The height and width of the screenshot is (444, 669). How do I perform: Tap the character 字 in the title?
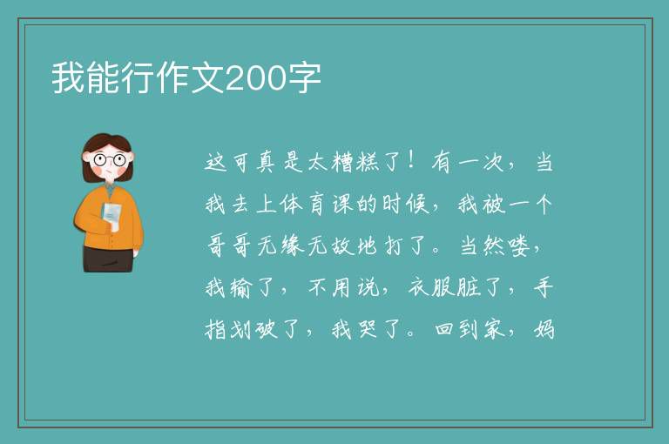pyautogui.click(x=304, y=77)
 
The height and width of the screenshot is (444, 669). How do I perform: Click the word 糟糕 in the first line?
pyautogui.click(x=355, y=162)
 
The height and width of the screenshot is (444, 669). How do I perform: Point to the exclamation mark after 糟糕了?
pyautogui.click(x=411, y=161)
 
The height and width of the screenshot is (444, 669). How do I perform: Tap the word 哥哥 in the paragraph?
pyautogui.click(x=228, y=246)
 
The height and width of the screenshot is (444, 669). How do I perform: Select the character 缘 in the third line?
pyautogui.click(x=293, y=246)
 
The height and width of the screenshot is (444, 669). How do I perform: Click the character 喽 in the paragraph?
pyautogui.click(x=519, y=246)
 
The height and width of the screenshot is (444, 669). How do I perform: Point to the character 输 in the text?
pyautogui.click(x=240, y=287)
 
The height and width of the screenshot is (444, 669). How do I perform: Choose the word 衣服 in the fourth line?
pyautogui.click(x=430, y=287)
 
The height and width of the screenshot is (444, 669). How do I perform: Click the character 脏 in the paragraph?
pyautogui.click(x=469, y=287)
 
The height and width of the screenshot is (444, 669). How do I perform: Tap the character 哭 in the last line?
pyautogui.click(x=368, y=329)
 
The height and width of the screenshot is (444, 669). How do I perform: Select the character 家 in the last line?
pyautogui.click(x=494, y=329)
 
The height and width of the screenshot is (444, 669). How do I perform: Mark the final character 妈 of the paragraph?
pyautogui.click(x=544, y=329)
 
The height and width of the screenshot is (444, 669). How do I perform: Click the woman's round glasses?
pyautogui.click(x=109, y=160)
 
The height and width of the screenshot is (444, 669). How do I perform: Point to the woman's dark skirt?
pyautogui.click(x=108, y=259)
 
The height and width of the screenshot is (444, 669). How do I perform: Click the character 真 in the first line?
pyautogui.click(x=267, y=162)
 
